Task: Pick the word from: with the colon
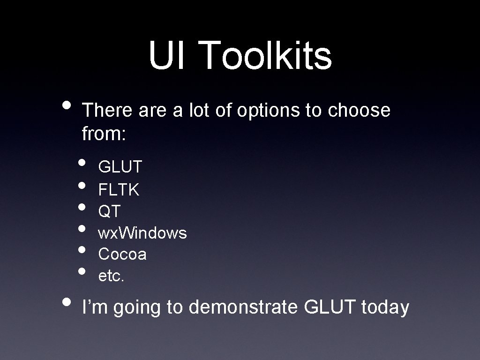[104, 135]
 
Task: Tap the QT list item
[109, 211]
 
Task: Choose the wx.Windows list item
[142, 232]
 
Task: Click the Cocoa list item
[122, 254]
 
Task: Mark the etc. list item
[111, 276]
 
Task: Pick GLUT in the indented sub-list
[120, 166]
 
